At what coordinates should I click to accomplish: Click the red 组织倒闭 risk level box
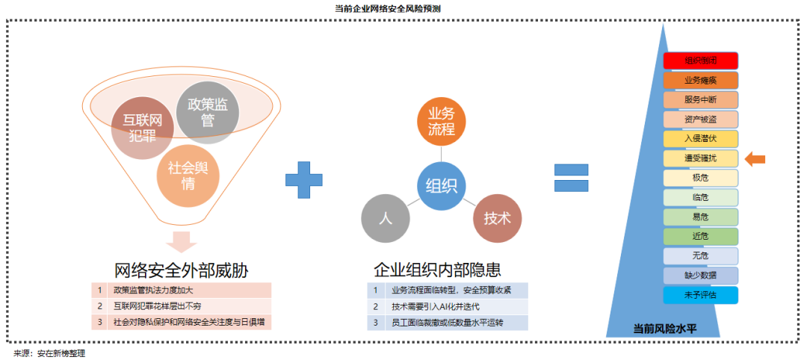pos(700,60)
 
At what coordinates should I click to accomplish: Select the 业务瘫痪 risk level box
pos(700,80)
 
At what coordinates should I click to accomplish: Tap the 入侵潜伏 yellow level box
pos(700,138)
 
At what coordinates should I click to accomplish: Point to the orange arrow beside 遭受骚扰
pos(755,158)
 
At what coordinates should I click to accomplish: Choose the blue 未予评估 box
pos(700,294)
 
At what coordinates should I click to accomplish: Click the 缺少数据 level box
pos(700,275)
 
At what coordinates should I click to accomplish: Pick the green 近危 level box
pos(700,236)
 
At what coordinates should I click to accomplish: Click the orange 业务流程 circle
pos(441,121)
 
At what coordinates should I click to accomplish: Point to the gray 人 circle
pos(386,219)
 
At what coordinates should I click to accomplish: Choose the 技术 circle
pos(497,219)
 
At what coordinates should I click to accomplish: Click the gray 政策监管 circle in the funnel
pos(207,113)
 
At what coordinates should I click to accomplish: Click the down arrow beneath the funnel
pos(181,242)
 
